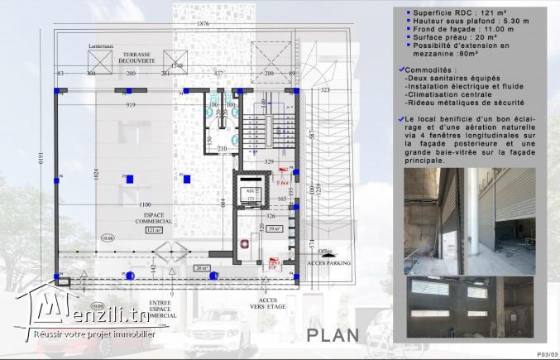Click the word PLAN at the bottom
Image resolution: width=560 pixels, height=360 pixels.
pyautogui.click(x=332, y=334)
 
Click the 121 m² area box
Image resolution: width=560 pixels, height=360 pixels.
pyautogui.click(x=155, y=231)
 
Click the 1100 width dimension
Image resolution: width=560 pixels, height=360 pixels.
pyautogui.click(x=146, y=204)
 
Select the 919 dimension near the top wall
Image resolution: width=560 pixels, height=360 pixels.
pyautogui.click(x=131, y=105)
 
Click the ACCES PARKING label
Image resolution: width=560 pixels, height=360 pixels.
pyautogui.click(x=328, y=262)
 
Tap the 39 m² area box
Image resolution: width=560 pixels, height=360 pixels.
pyautogui.click(x=275, y=228)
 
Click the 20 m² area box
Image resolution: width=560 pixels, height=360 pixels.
pyautogui.click(x=201, y=268)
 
